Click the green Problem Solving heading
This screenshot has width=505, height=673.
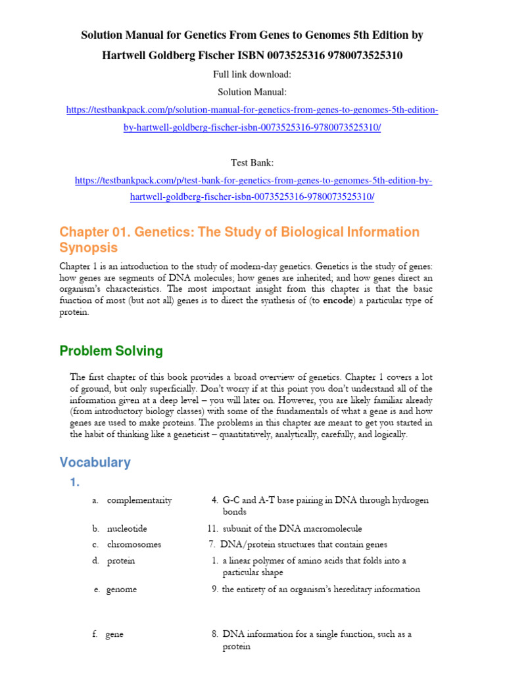111,351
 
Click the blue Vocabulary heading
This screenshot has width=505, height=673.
95,462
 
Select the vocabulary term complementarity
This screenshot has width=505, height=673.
139,500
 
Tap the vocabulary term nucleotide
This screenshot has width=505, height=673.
127,528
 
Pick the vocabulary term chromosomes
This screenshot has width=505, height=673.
134,544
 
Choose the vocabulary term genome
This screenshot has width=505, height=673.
122,590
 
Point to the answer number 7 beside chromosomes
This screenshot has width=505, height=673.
212,544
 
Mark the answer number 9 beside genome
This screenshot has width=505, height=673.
214,590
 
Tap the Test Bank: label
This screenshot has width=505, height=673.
252,162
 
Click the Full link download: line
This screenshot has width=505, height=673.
252,74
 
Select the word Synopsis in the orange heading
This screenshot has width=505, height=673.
89,248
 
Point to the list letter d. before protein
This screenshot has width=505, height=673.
96,561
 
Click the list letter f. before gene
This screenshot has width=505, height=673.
96,634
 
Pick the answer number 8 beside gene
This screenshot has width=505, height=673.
215,634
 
